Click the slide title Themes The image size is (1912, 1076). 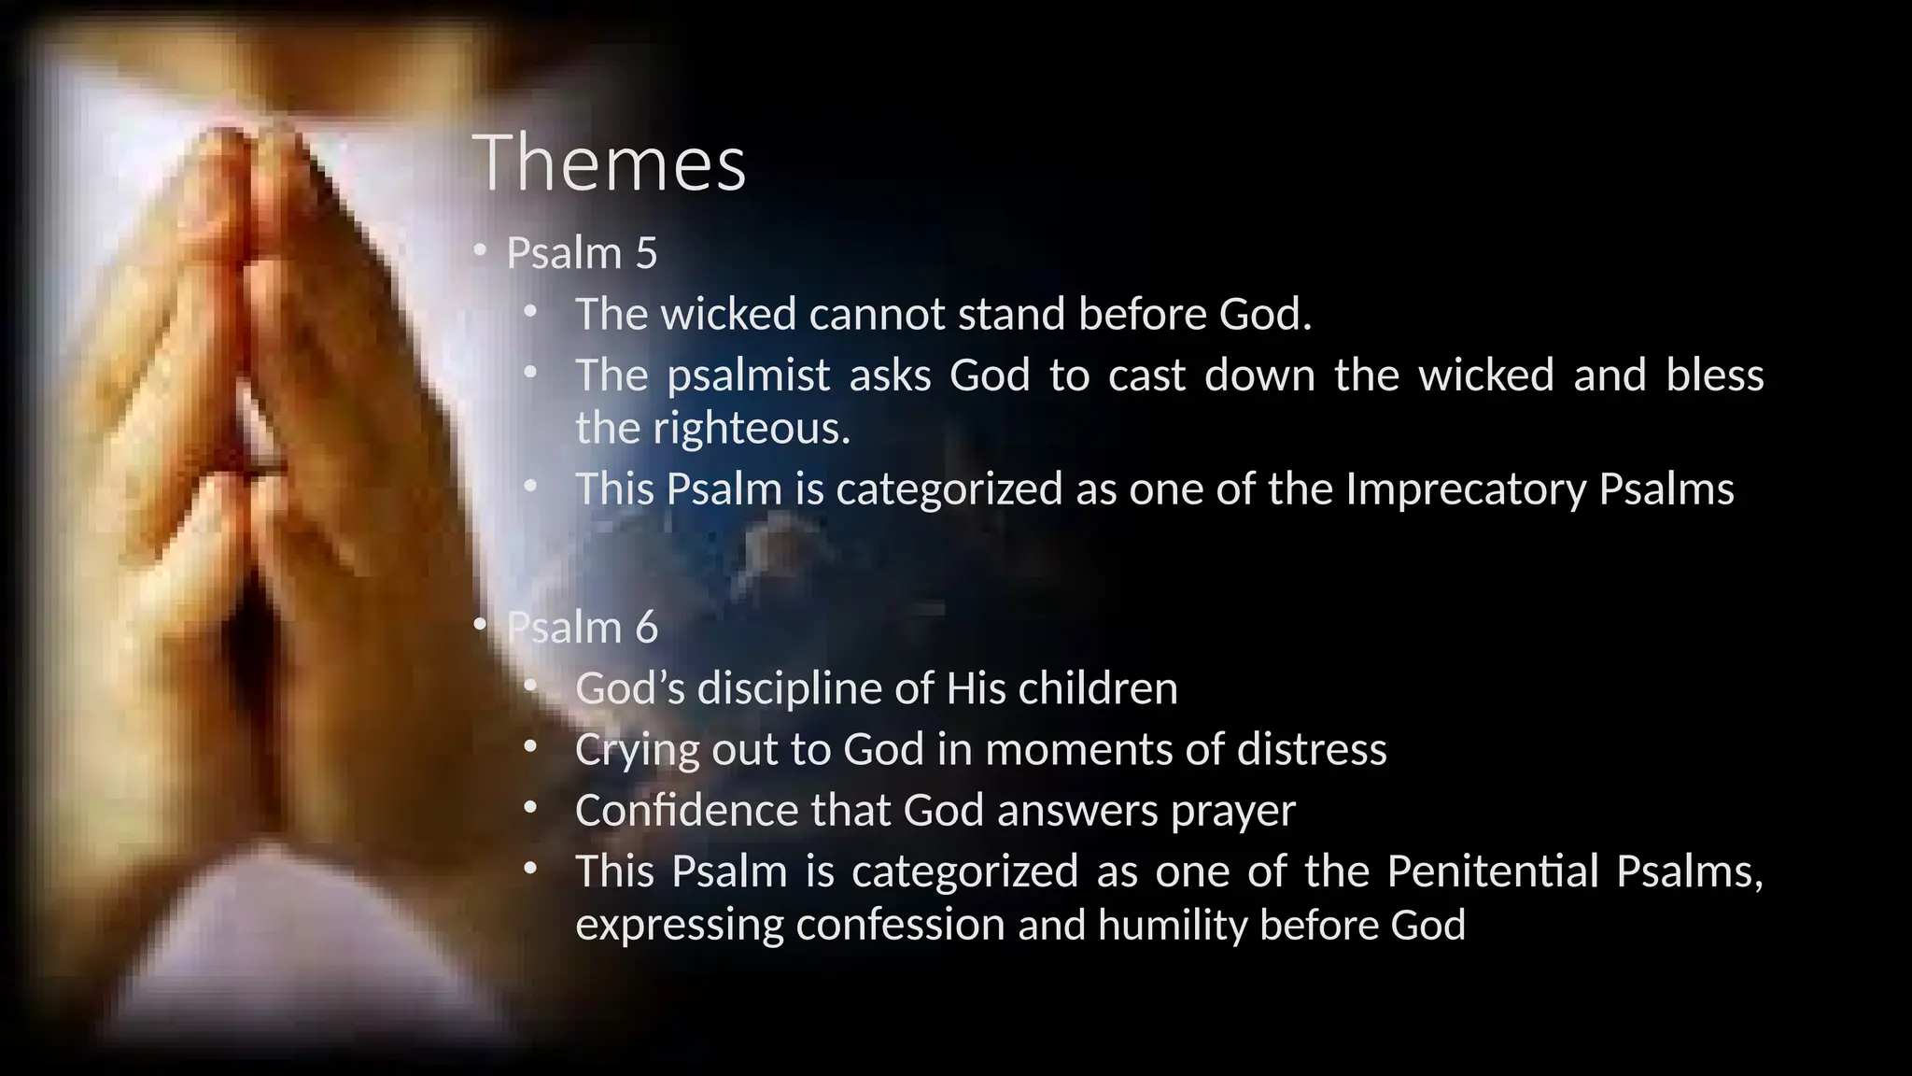pos(609,164)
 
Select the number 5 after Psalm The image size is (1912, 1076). pos(646,254)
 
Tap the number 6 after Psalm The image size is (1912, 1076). pos(646,628)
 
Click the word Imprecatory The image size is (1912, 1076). pos(1465,489)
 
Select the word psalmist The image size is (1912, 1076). pos(748,375)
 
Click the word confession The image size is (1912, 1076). pos(902,925)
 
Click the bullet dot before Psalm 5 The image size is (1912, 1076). pos(480,250)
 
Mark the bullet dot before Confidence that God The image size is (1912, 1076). pos(530,808)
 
